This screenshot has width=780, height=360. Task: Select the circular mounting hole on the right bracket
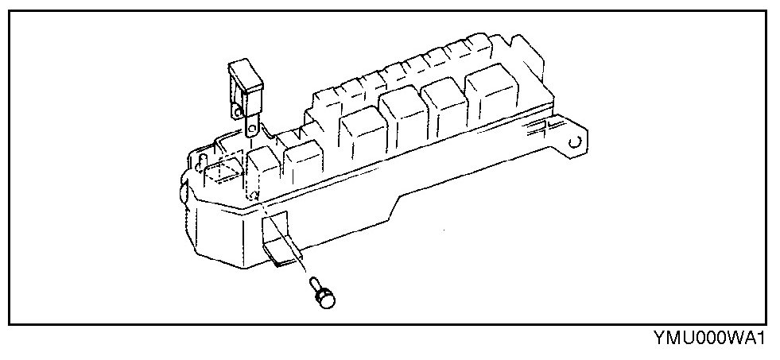[576, 144]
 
